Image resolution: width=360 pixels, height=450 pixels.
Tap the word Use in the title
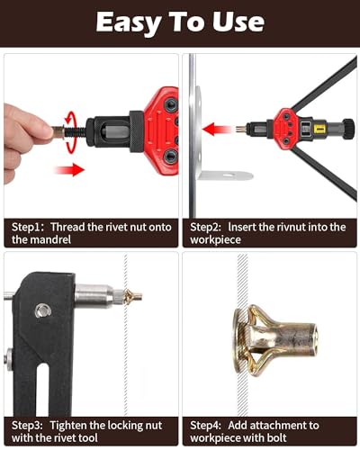point(238,22)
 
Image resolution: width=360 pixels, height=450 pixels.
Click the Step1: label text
point(28,227)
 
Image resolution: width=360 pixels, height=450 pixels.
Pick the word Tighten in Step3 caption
point(68,426)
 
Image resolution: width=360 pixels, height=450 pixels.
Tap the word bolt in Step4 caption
point(275,437)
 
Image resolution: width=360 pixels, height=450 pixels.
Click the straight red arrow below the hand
point(69,169)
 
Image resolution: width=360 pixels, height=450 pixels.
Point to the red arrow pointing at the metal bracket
point(217,130)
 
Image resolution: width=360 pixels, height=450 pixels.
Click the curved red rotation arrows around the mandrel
point(70,132)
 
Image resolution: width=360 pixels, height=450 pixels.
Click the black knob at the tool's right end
point(348,129)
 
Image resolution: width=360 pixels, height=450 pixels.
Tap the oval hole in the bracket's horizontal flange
point(229,175)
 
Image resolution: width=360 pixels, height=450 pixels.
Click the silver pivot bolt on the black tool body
point(43,310)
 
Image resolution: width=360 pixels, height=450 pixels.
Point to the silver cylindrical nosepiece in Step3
point(94,296)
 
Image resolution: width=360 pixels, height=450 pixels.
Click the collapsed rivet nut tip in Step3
point(132,297)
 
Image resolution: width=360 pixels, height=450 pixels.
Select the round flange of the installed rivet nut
point(239,339)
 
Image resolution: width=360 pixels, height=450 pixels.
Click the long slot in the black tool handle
point(42,389)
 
